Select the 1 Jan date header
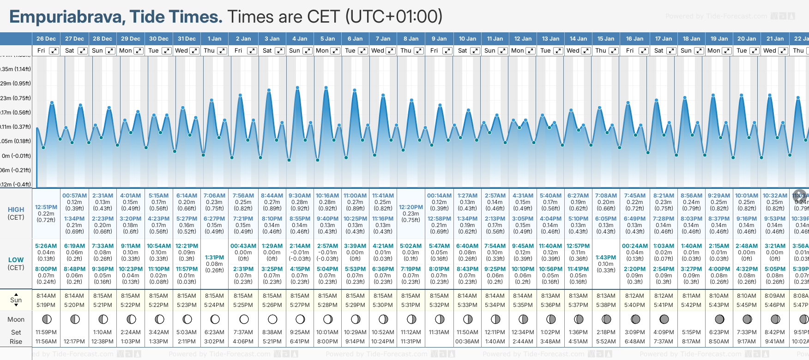pyautogui.click(x=214, y=39)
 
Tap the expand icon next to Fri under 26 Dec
pyautogui.click(x=54, y=51)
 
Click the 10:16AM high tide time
pyautogui.click(x=327, y=196)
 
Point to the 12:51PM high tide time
pyautogui.click(x=46, y=207)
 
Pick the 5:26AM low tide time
pyautogui.click(x=46, y=246)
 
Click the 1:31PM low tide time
pyautogui.click(x=214, y=258)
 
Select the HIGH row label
pyautogui.click(x=16, y=210)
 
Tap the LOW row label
pyautogui.click(x=16, y=260)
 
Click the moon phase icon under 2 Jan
pyautogui.click(x=244, y=319)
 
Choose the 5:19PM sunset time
pyautogui.click(x=46, y=305)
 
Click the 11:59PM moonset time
pyautogui.click(x=46, y=332)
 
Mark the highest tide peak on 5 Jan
pyautogui.click(x=326, y=87)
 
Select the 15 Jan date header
pyautogui.click(x=606, y=39)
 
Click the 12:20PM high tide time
pyautogui.click(x=411, y=207)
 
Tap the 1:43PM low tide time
pyautogui.click(x=606, y=258)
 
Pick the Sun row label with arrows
pyautogui.click(x=16, y=300)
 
